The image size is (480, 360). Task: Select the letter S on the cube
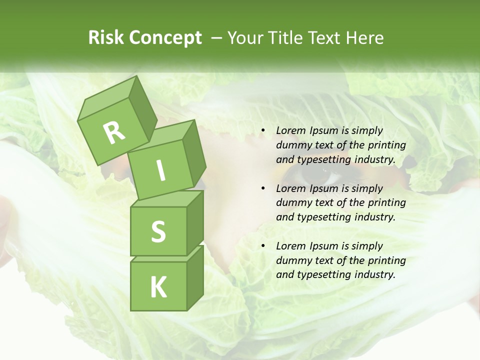158,231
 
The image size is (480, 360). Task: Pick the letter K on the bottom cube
158,287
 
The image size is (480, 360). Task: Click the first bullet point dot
262,131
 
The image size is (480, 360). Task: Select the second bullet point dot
262,188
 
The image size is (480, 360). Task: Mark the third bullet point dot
262,246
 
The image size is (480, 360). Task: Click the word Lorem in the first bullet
290,130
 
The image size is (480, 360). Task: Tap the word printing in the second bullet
386,202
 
